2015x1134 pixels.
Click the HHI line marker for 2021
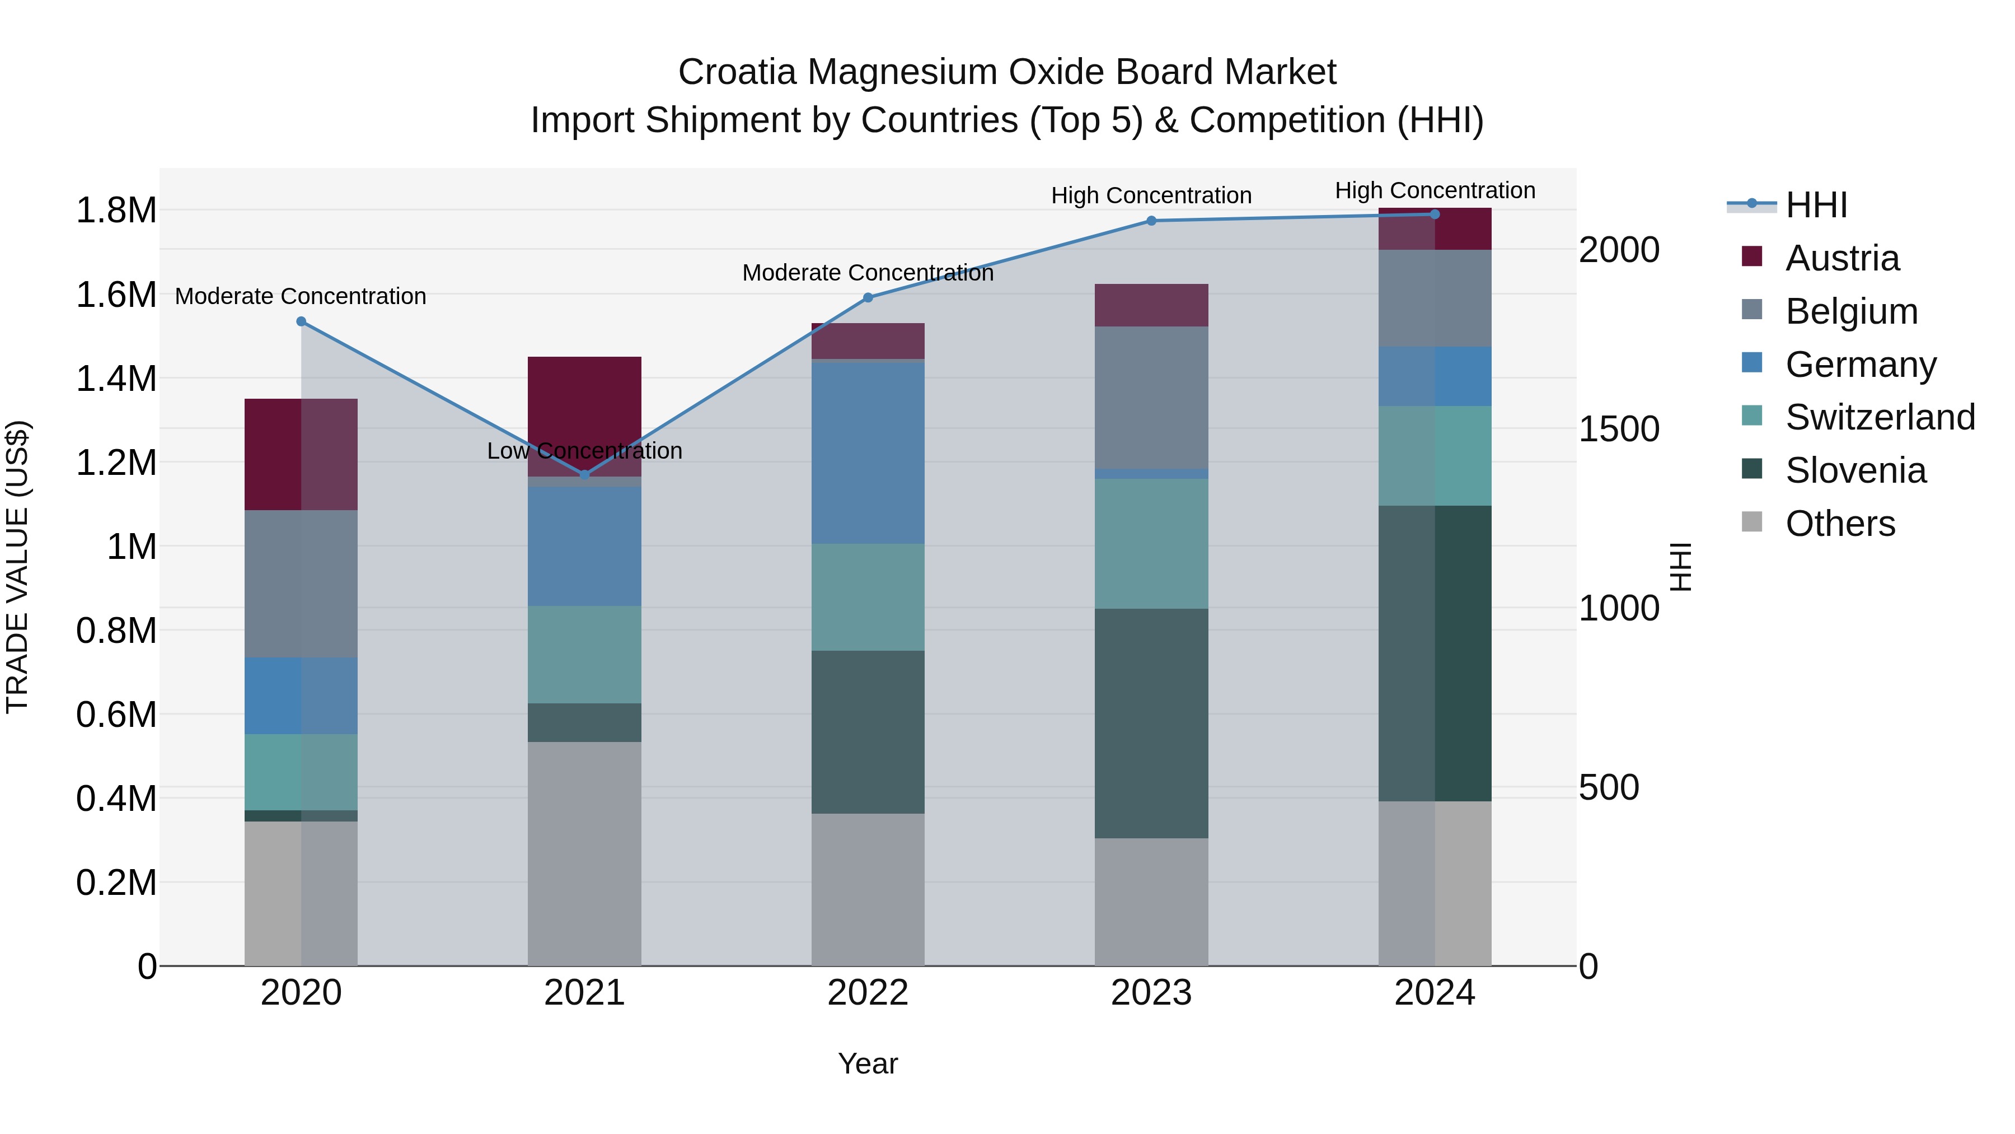584,475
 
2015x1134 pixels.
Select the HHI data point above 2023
1151,221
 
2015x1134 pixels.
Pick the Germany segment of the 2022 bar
868,452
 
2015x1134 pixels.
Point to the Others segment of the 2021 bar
584,853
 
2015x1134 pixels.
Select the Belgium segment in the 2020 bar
301,584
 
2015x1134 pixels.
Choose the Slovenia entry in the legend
1855,470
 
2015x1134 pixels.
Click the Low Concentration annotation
584,451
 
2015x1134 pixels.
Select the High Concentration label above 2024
1435,190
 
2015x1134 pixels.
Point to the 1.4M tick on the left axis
116,379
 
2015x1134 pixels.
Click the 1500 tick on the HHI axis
1618,429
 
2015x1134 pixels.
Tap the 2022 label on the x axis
868,993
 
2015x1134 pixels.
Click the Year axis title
868,1063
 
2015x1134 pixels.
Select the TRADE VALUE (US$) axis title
17,567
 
